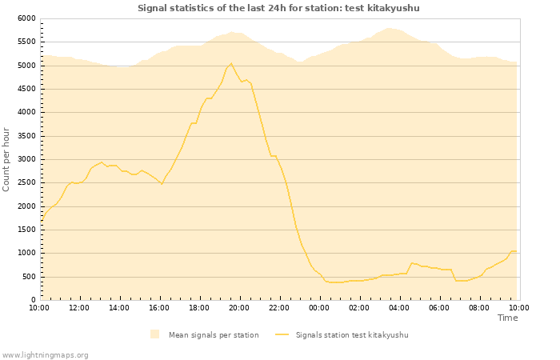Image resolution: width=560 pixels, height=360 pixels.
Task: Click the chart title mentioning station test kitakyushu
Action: click(x=278, y=8)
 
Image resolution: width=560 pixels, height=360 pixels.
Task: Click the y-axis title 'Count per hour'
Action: click(x=6, y=158)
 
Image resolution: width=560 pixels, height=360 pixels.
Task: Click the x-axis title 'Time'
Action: click(x=507, y=318)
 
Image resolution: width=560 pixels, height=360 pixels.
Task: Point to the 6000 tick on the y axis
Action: click(x=26, y=18)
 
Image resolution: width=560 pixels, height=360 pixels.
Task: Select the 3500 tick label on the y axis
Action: click(x=26, y=136)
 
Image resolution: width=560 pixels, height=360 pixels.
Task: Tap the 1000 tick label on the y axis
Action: click(x=26, y=253)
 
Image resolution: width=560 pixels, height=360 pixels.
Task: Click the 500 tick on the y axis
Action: click(x=29, y=277)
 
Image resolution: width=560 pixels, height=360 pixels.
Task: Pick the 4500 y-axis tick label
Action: click(x=26, y=89)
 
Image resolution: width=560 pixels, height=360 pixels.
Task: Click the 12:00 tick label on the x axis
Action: click(x=79, y=307)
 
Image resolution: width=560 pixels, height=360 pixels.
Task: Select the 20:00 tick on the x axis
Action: click(x=239, y=307)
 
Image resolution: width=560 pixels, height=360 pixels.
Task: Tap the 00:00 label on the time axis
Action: click(x=319, y=307)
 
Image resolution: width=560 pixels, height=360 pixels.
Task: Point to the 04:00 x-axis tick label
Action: click(x=399, y=307)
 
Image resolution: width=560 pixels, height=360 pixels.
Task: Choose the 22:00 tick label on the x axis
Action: click(x=279, y=307)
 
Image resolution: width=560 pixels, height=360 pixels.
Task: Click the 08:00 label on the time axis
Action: click(x=479, y=307)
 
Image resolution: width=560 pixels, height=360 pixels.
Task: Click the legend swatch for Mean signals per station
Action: click(x=154, y=334)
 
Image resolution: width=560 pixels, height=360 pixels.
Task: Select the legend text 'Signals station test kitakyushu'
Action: click(x=352, y=334)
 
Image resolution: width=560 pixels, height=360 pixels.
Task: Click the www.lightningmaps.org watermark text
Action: click(x=46, y=354)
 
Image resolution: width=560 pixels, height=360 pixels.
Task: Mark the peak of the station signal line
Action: click(x=231, y=63)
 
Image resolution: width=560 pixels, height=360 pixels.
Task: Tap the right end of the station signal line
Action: click(x=516, y=251)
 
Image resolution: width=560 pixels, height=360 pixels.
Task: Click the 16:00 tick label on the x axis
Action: click(x=159, y=307)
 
